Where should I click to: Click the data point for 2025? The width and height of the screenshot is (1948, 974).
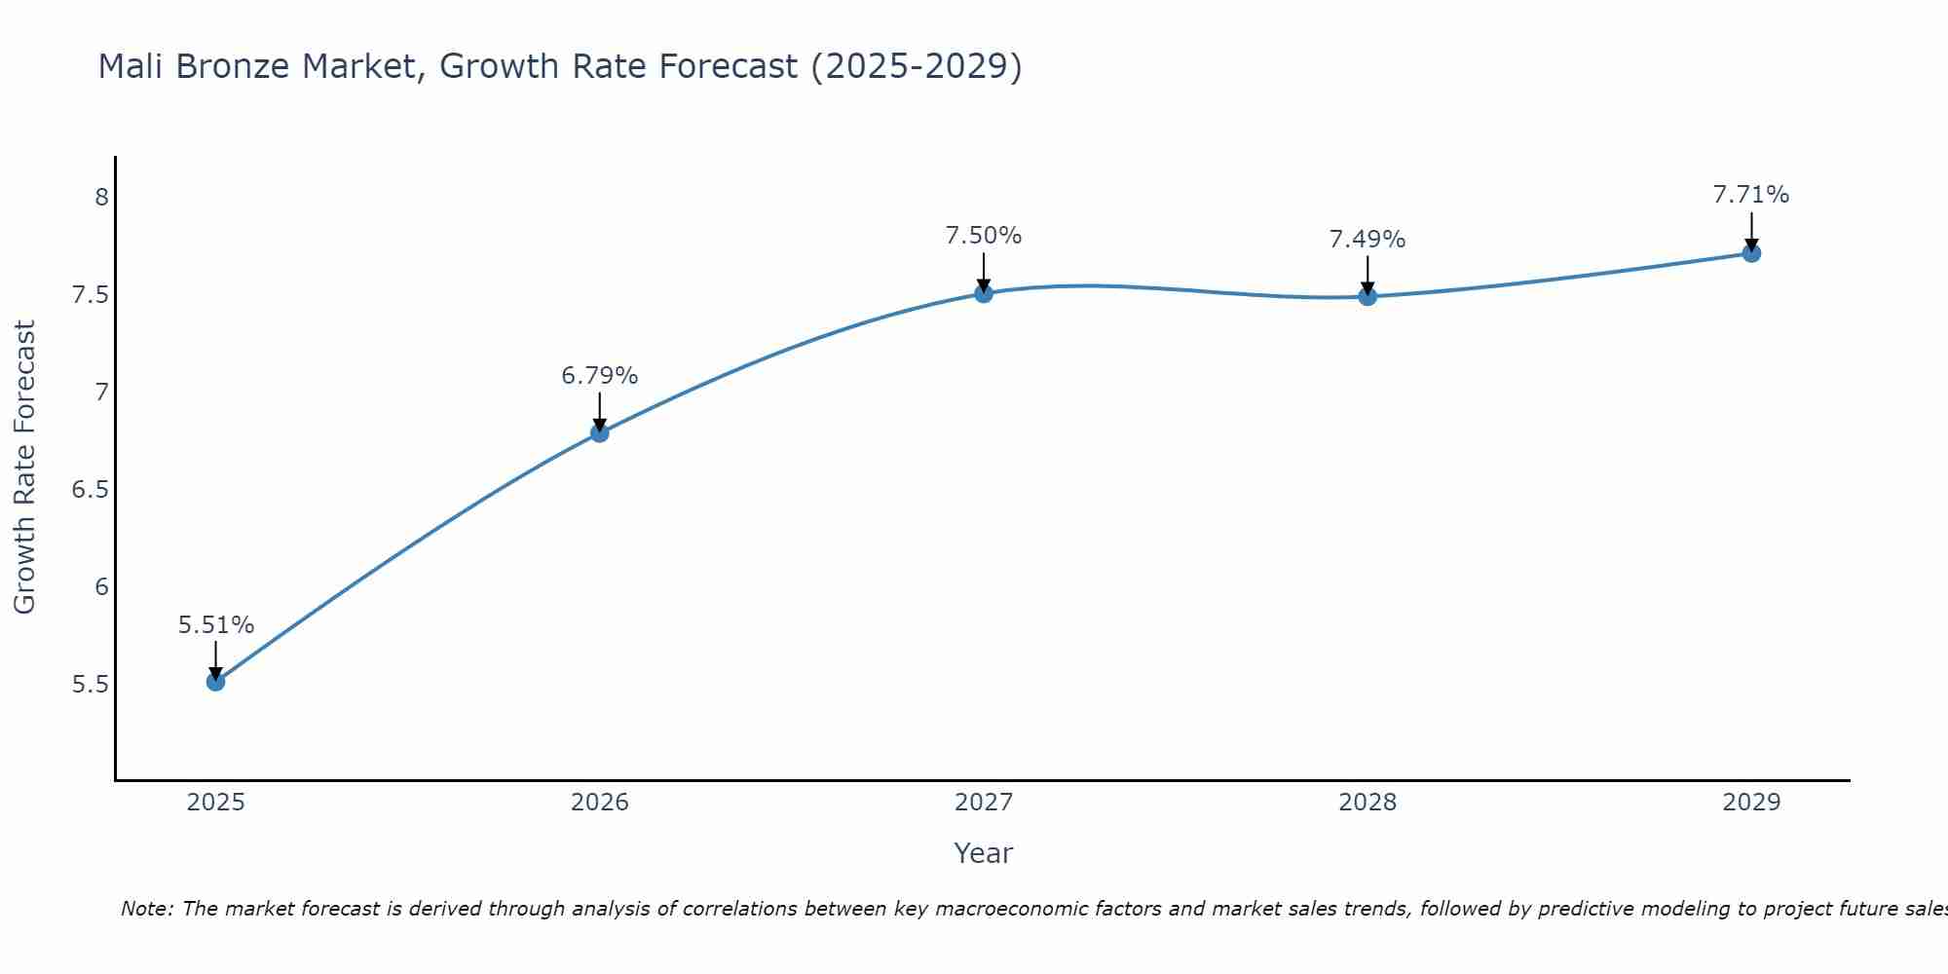pyautogui.click(x=216, y=682)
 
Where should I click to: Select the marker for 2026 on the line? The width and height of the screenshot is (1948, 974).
pyautogui.click(x=600, y=432)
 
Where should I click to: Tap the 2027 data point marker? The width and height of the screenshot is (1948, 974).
pyautogui.click(x=984, y=293)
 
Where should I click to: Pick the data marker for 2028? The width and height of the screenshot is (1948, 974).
pyautogui.click(x=1367, y=296)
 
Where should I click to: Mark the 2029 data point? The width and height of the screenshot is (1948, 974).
pyautogui.click(x=1751, y=253)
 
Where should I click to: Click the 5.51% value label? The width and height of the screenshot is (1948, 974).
pyautogui.click(x=216, y=625)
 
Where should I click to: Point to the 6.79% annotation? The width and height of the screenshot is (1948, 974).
pyautogui.click(x=600, y=376)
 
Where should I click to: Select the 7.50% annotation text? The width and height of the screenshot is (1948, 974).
pyautogui.click(x=984, y=236)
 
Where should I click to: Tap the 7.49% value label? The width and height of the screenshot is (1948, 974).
pyautogui.click(x=1367, y=240)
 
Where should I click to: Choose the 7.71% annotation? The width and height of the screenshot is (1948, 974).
pyautogui.click(x=1751, y=195)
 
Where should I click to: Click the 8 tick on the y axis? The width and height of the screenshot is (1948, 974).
pyautogui.click(x=101, y=198)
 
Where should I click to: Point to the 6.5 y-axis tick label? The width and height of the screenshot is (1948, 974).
pyautogui.click(x=90, y=490)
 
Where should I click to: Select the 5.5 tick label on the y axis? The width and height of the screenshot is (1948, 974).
pyautogui.click(x=90, y=685)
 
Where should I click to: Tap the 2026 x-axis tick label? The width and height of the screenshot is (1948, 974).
pyautogui.click(x=600, y=803)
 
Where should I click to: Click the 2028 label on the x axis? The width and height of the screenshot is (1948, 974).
pyautogui.click(x=1367, y=803)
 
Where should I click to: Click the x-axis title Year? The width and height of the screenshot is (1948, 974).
pyautogui.click(x=984, y=853)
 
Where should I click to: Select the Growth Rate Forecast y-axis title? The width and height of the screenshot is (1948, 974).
pyautogui.click(x=25, y=468)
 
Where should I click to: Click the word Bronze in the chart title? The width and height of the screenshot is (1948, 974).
pyautogui.click(x=234, y=67)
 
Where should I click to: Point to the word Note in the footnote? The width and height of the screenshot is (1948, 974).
pyautogui.click(x=146, y=909)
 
